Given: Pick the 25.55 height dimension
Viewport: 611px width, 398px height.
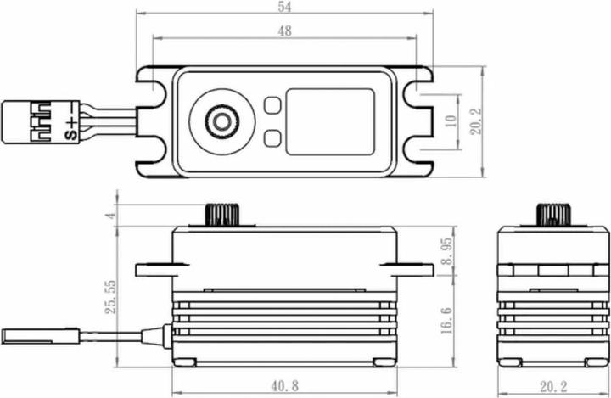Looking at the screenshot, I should [109, 297].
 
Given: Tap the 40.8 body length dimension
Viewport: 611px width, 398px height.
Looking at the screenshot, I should [284, 386].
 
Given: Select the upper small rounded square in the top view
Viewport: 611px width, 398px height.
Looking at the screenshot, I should [272, 105].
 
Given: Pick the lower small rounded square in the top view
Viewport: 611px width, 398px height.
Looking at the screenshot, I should [272, 138].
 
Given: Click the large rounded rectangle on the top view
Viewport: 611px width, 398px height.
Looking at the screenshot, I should [329, 121].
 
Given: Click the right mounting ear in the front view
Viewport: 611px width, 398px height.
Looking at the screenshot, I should [416, 269].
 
